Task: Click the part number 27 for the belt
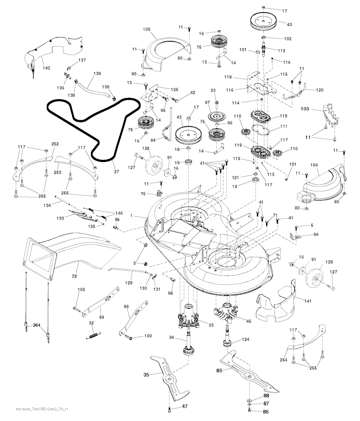click(x=116, y=171)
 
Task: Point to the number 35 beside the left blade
click(x=146, y=375)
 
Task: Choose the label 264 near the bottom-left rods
click(x=37, y=325)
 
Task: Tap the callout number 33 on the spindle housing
click(x=211, y=325)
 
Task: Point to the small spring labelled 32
click(x=92, y=336)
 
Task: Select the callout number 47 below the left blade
click(x=185, y=406)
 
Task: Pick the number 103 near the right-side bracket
click(x=305, y=109)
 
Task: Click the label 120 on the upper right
click(x=319, y=90)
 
